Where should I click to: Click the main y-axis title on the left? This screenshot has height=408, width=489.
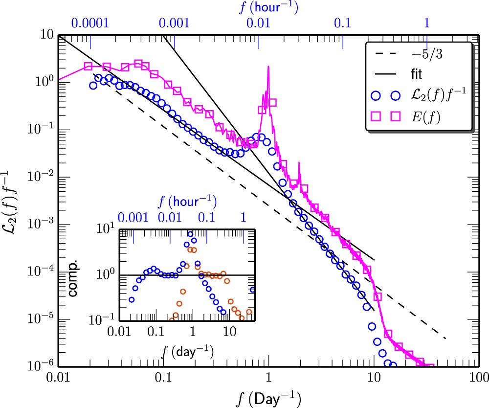pyautogui.click(x=11, y=200)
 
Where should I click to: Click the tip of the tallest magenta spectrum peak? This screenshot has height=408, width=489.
pyautogui.click(x=268, y=67)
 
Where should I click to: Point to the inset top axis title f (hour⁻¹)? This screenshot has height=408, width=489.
pyautogui.click(x=187, y=201)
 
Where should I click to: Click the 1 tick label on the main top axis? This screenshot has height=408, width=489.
pyautogui.click(x=427, y=23)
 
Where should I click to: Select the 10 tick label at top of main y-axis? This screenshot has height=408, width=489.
pyautogui.click(x=46, y=35)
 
